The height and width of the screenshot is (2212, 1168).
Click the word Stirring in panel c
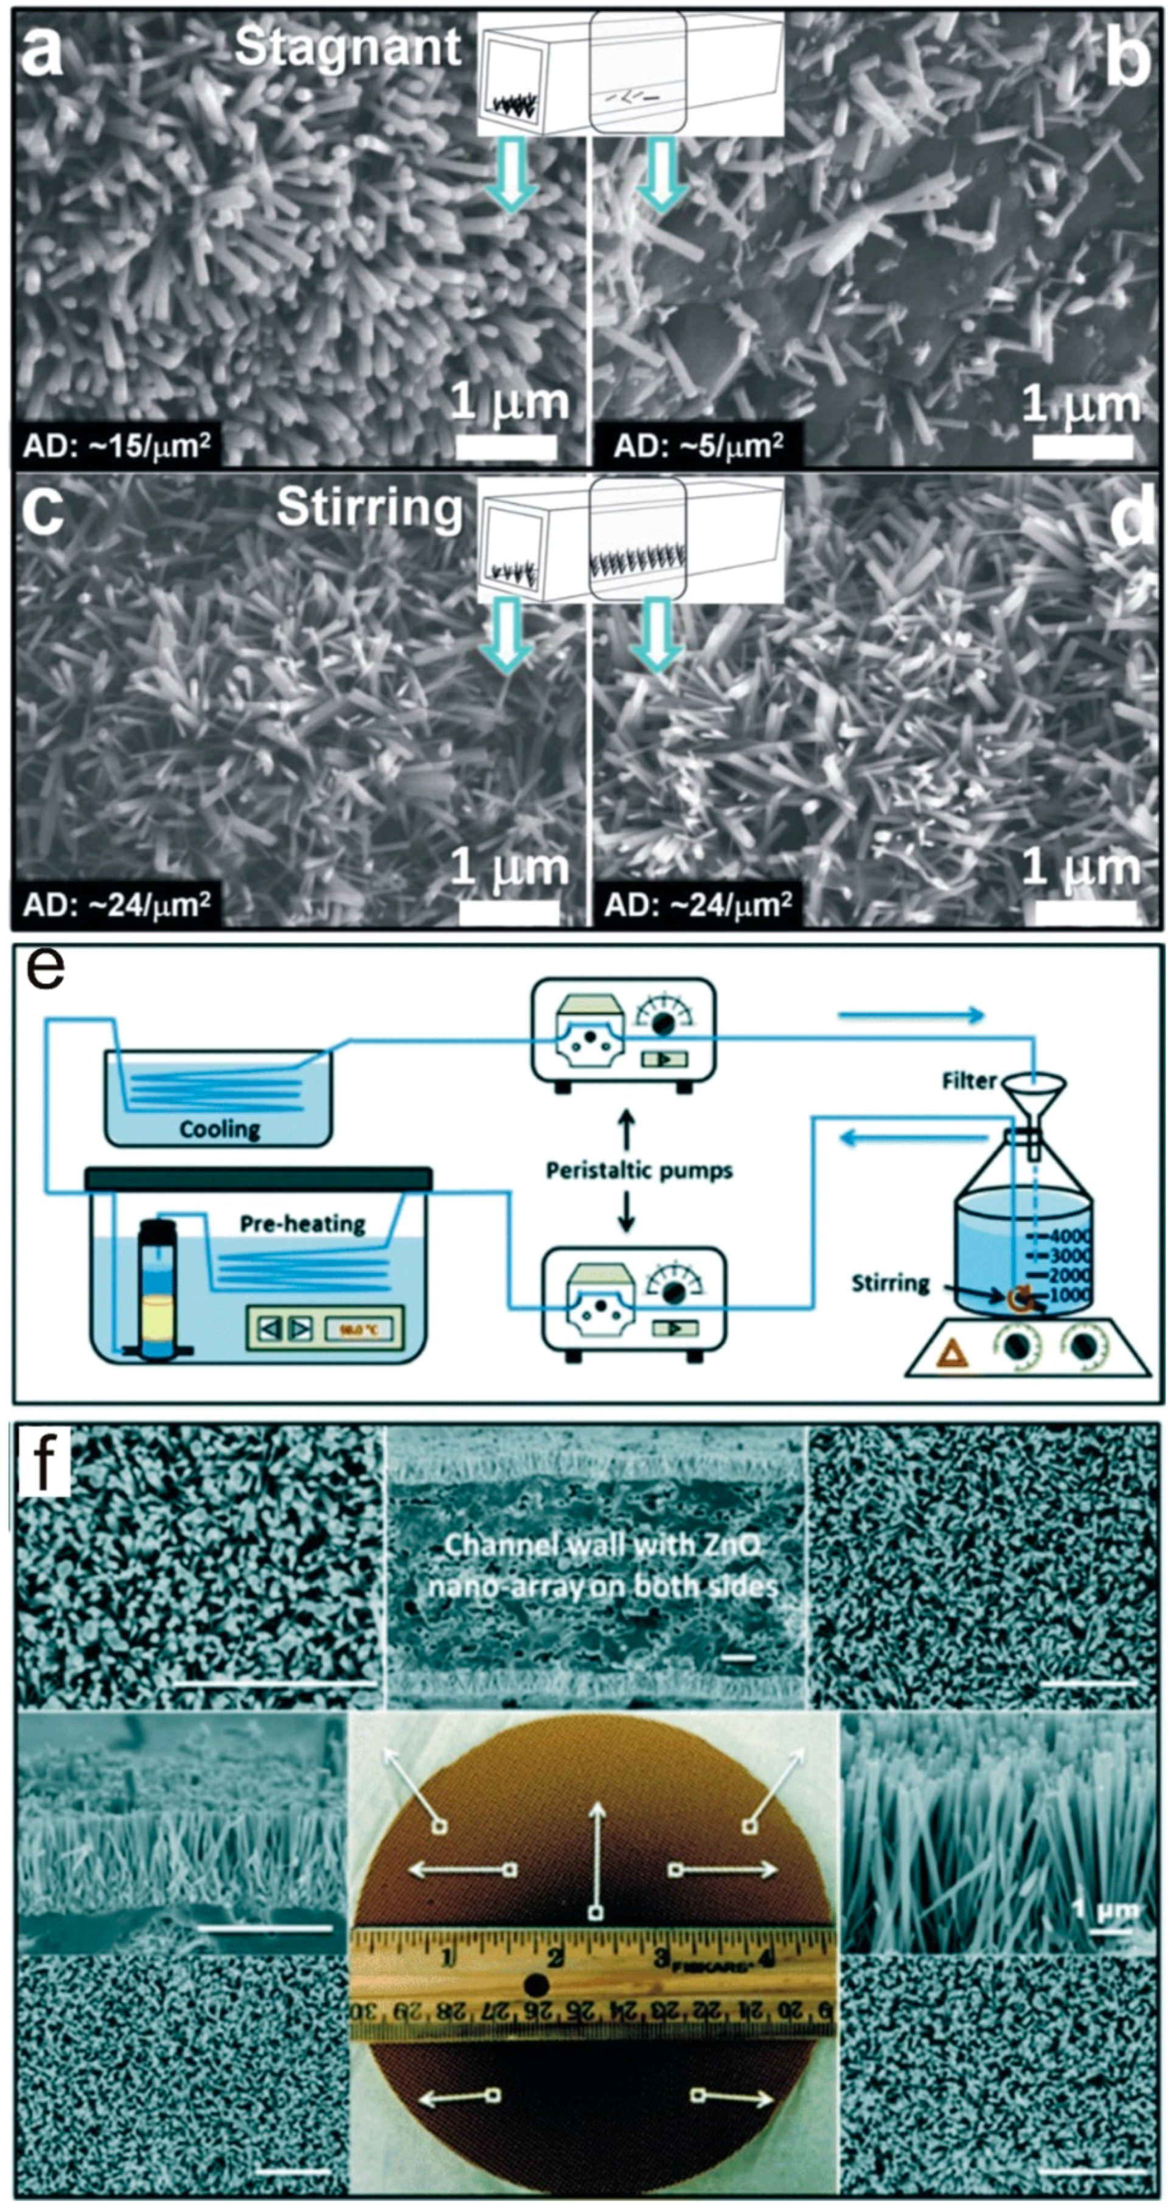coord(369,508)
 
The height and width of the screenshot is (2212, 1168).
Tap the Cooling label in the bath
coord(219,1128)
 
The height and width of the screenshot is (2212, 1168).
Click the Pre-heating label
coord(302,1223)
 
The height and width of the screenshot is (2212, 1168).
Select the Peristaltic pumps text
coord(639,1170)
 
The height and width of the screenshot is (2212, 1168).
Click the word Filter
coord(968,1081)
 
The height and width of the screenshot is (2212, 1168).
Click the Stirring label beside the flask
coord(890,1283)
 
